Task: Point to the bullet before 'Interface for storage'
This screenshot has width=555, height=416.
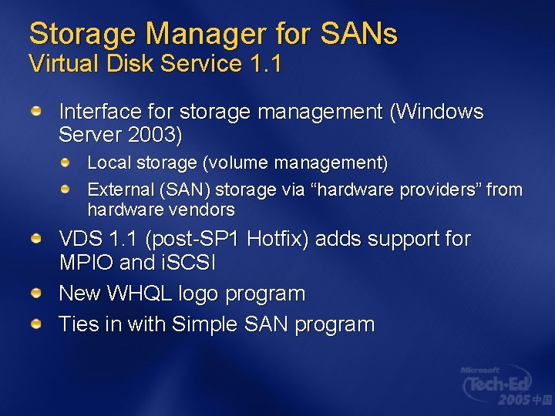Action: coord(37,112)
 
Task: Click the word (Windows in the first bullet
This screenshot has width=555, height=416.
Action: coord(436,112)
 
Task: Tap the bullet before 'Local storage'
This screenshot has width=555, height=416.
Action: coord(66,163)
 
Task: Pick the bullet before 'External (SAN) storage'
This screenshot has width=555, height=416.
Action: coord(66,189)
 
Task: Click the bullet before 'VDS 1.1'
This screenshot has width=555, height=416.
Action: coord(37,240)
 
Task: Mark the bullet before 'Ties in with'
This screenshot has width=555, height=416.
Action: coord(37,324)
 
